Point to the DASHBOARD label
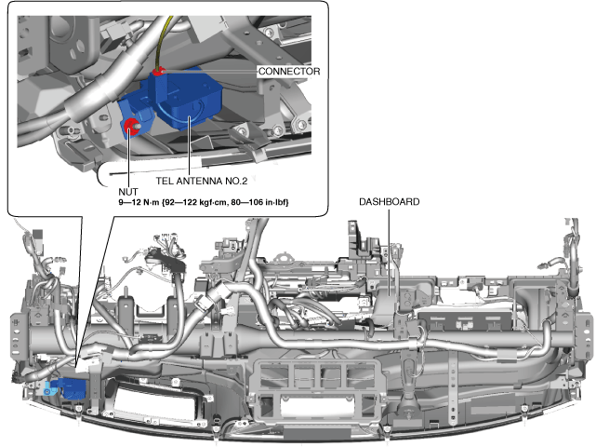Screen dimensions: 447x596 [390, 202]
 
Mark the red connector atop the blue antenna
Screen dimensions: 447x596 [159, 70]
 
